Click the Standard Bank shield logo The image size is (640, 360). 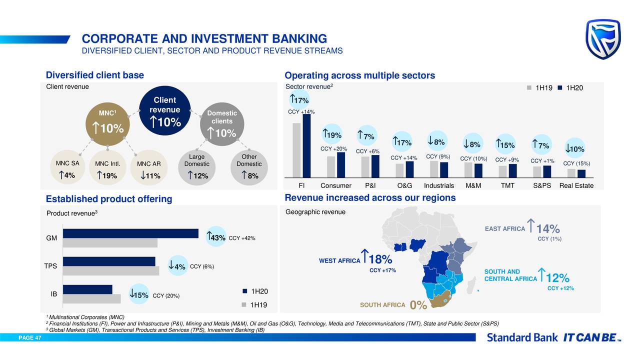603,39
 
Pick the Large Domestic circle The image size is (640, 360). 196,167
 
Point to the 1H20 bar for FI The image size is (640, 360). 306,146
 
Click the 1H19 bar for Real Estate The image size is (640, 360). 571,173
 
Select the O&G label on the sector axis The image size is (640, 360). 404,186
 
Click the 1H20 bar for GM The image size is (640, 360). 130,233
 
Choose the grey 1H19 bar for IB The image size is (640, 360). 92,299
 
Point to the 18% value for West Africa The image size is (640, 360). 379,260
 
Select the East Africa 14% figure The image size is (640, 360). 547,229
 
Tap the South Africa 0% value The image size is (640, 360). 418,305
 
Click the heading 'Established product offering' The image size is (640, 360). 108,199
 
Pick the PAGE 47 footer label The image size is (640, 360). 30,338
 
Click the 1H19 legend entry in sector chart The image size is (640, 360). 539,88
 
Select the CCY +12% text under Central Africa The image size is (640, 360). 560,288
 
